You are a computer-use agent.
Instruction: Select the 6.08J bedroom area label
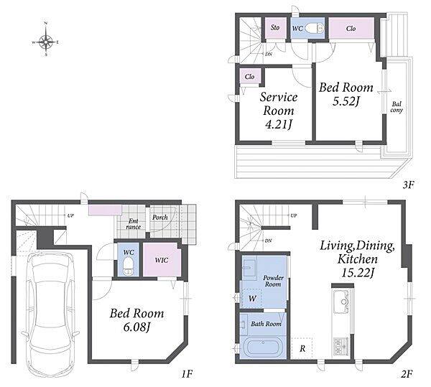[x=136, y=327]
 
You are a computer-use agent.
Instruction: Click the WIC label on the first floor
[x=162, y=260]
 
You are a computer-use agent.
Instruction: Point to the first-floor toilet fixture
[x=128, y=266]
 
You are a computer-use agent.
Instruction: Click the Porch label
[x=160, y=218]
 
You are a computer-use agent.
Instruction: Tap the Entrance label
[x=134, y=224]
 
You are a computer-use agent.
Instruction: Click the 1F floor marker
[x=187, y=374]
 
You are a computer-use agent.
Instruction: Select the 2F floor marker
[x=407, y=374]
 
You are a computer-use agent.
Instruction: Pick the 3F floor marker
[x=408, y=185]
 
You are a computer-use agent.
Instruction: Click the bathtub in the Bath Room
[x=263, y=348]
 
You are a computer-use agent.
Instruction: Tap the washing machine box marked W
[x=252, y=298]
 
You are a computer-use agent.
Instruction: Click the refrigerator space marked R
[x=302, y=348]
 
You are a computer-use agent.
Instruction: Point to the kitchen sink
[x=343, y=302]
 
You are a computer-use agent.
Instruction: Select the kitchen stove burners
[x=340, y=347]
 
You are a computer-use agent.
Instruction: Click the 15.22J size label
[x=358, y=273]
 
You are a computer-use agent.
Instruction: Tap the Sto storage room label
[x=275, y=27]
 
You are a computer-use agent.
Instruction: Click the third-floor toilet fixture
[x=315, y=28]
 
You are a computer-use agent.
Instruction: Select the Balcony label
[x=397, y=107]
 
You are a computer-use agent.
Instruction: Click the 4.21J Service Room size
[x=278, y=125]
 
